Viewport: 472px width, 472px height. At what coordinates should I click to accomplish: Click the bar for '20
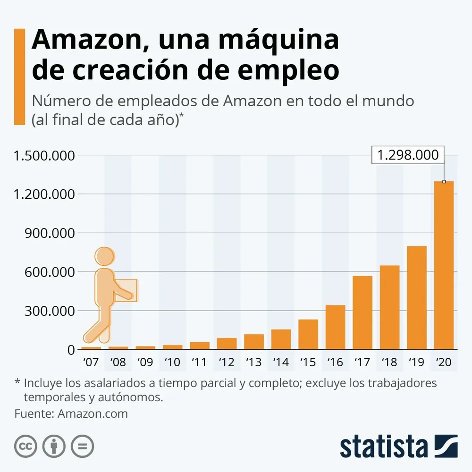(x=444, y=265)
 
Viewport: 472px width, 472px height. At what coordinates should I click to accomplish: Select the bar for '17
(x=362, y=312)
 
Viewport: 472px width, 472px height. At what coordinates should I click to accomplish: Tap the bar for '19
(x=417, y=297)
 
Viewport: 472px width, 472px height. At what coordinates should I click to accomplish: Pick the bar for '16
(x=335, y=327)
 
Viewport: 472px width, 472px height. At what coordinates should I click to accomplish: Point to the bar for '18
(x=389, y=307)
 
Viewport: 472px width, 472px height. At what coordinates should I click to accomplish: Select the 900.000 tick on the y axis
(x=46, y=233)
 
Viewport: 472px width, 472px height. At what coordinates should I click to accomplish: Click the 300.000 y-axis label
(x=46, y=311)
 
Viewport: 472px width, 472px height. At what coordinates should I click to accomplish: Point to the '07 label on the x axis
(x=91, y=362)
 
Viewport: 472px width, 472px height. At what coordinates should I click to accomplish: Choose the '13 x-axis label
(x=254, y=362)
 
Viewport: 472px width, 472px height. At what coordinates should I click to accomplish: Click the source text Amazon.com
(x=93, y=413)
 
